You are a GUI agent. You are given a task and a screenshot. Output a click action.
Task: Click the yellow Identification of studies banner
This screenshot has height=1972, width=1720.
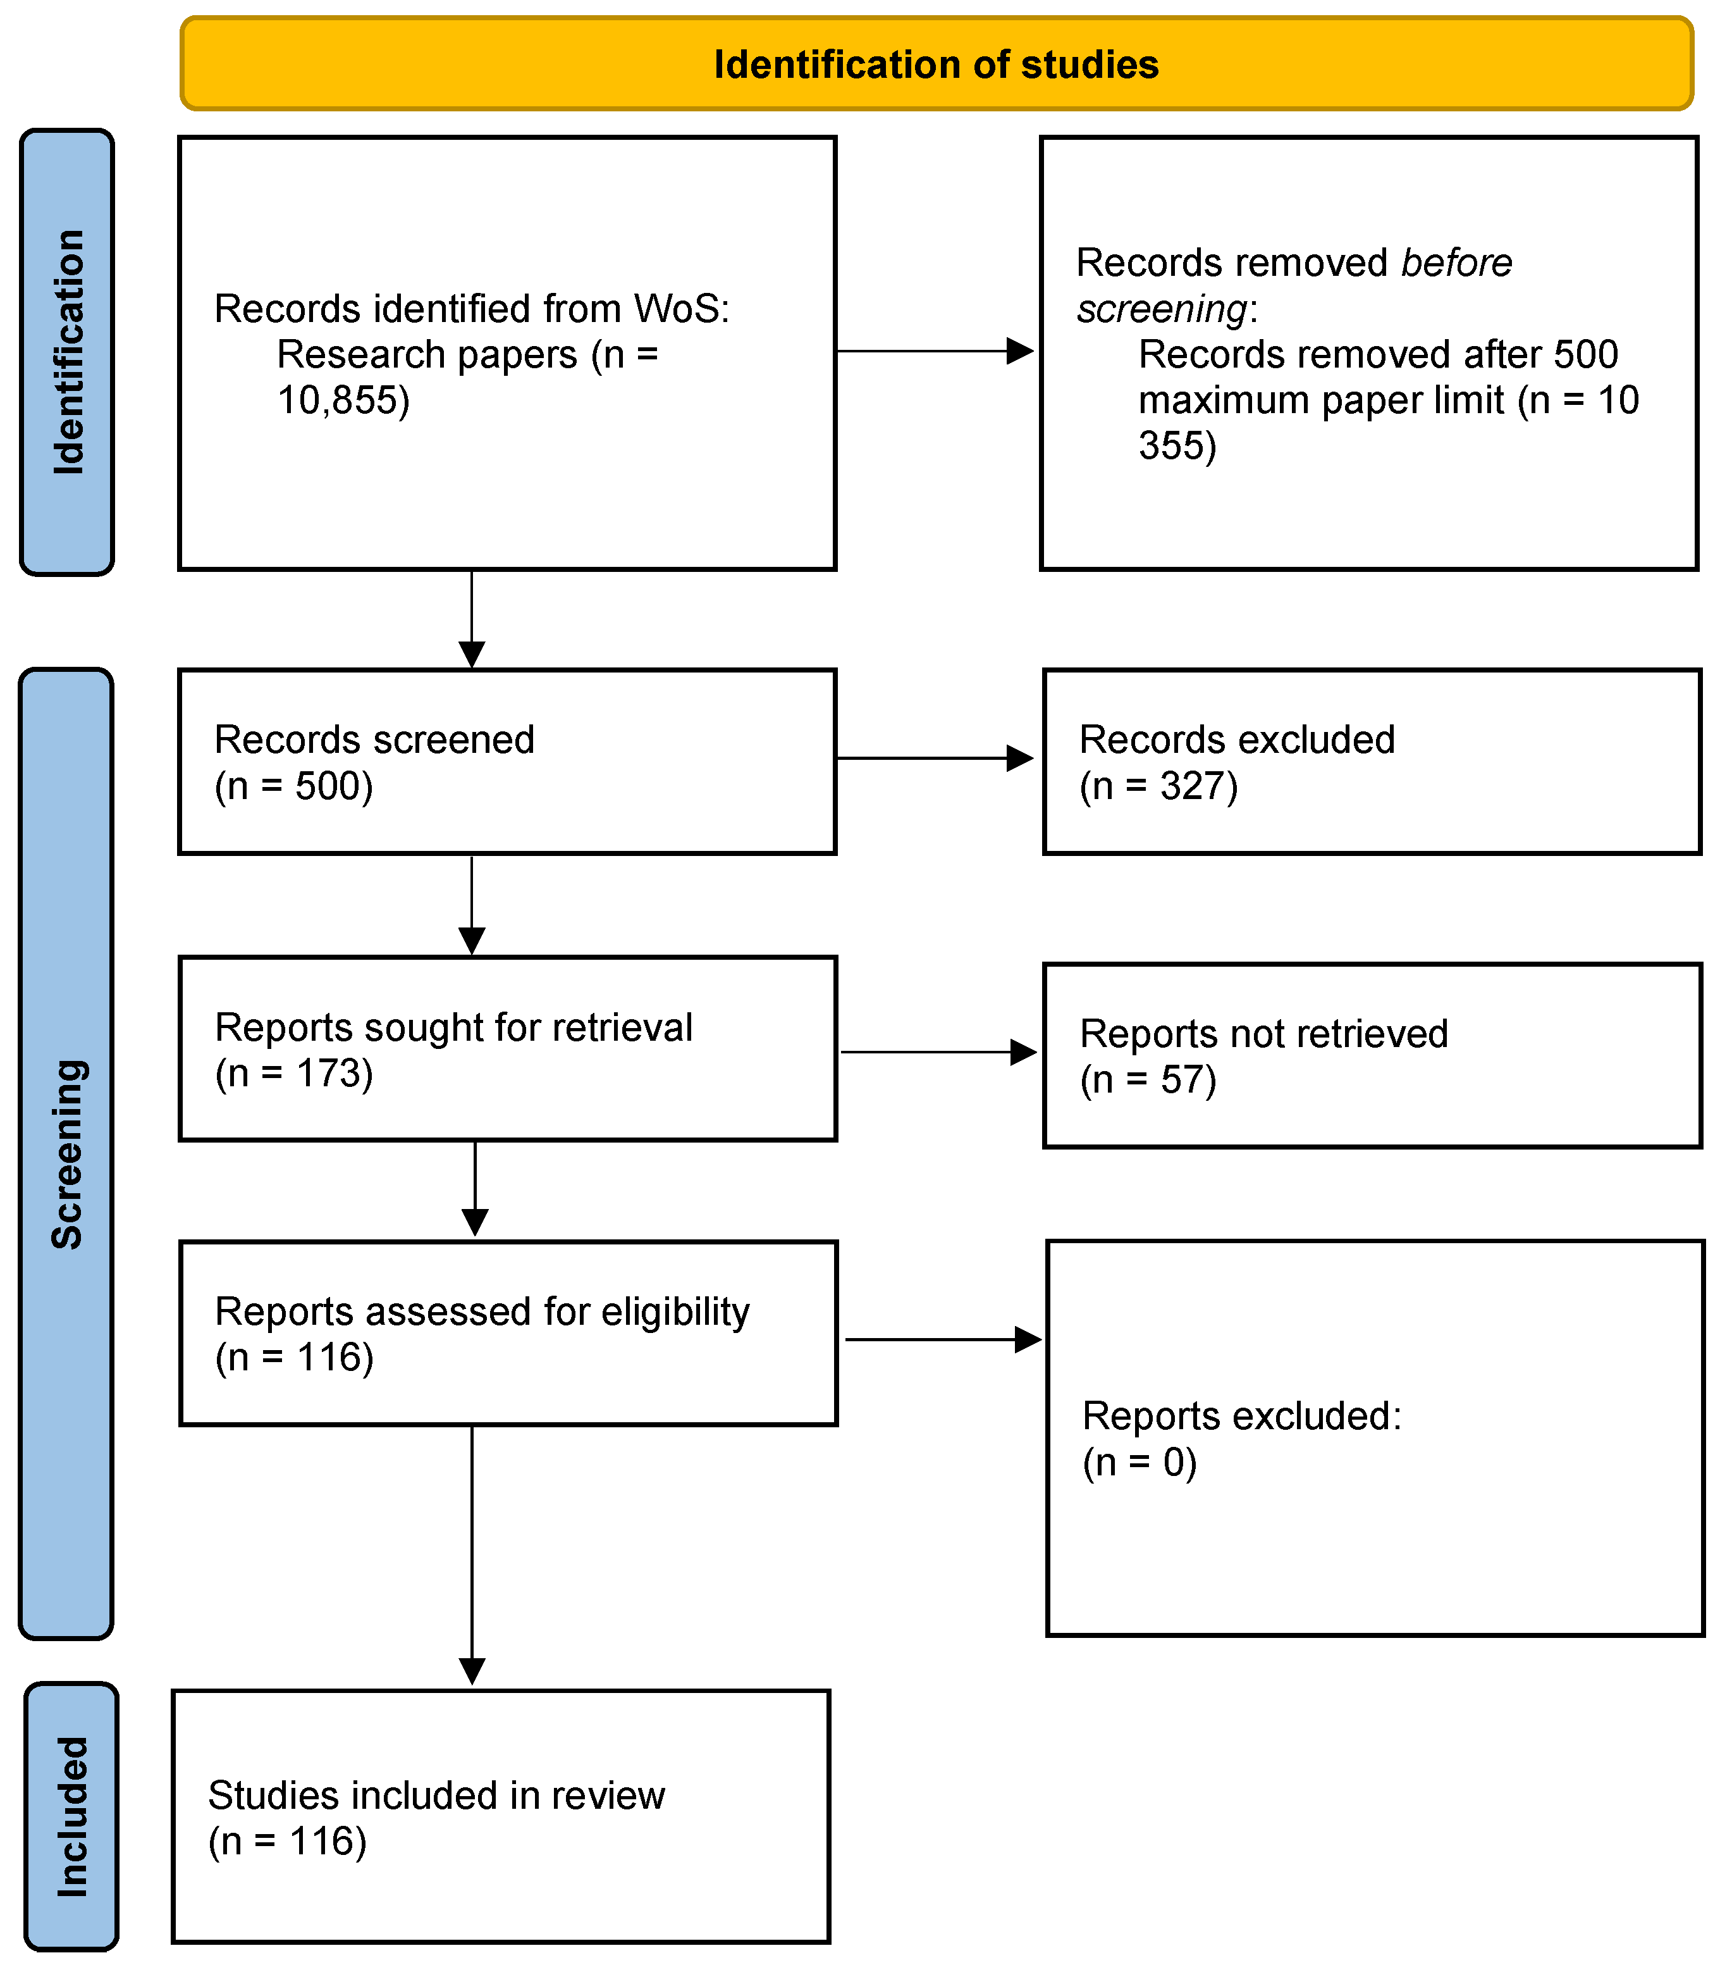click(936, 63)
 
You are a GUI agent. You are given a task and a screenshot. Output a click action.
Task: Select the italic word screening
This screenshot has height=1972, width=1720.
click(1162, 309)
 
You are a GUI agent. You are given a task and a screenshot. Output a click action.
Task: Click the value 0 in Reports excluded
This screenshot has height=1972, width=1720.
click(1173, 1462)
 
